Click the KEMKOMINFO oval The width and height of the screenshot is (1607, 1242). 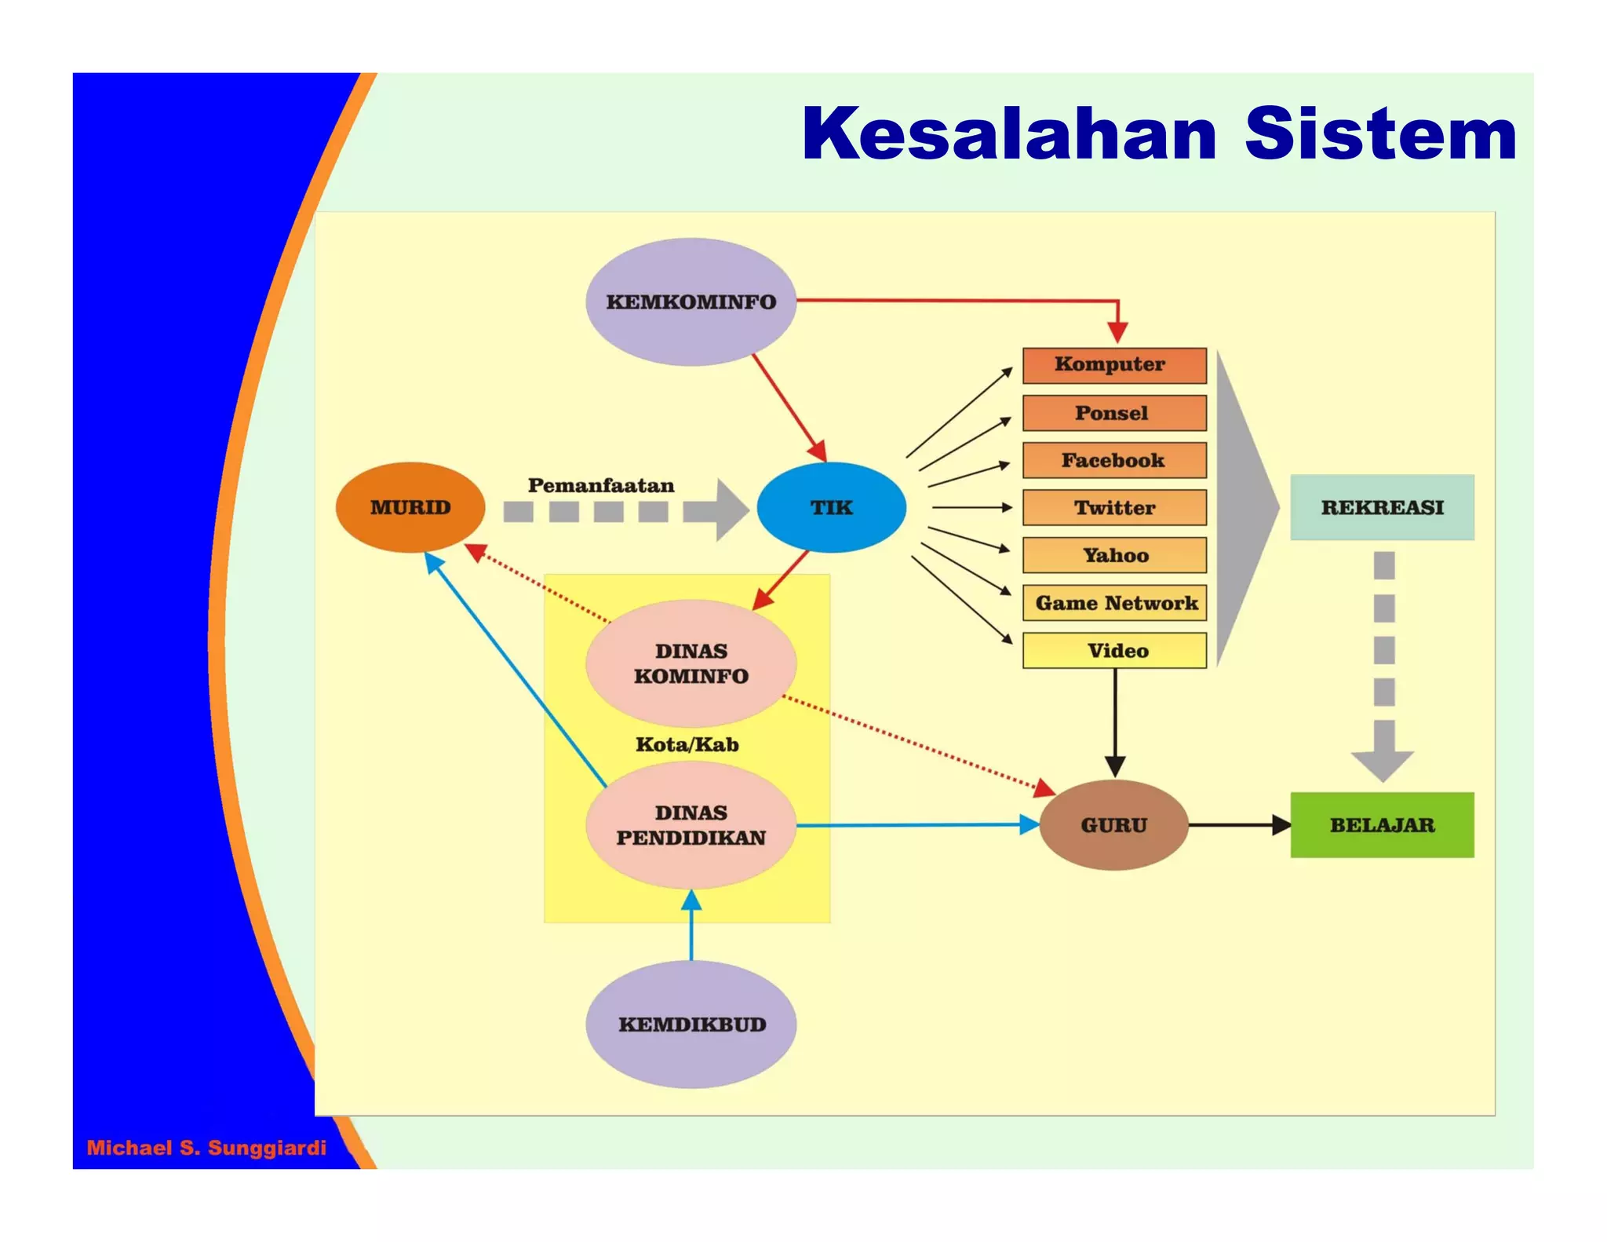click(x=691, y=302)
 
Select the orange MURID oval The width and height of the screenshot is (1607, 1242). click(x=410, y=507)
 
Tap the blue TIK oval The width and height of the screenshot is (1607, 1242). click(x=831, y=507)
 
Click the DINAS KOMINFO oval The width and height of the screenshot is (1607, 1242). click(x=691, y=663)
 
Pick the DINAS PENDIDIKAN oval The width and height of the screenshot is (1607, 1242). click(x=691, y=825)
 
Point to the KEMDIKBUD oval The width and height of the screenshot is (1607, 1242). click(x=691, y=1025)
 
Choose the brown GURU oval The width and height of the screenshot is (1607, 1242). click(x=1113, y=825)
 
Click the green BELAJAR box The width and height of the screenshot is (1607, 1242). click(x=1382, y=825)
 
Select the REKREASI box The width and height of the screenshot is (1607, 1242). click(x=1382, y=507)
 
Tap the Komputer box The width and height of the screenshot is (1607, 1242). click(x=1113, y=365)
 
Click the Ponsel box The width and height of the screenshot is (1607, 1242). click(x=1113, y=413)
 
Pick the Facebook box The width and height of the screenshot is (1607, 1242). click(x=1113, y=461)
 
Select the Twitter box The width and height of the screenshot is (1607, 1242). click(x=1113, y=508)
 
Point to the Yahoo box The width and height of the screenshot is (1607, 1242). click(x=1113, y=556)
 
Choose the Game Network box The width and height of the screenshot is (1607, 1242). click(x=1115, y=603)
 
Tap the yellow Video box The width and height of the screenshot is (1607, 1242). click(x=1115, y=651)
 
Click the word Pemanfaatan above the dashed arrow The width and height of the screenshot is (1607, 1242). click(x=601, y=486)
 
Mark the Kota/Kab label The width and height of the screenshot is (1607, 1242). click(x=687, y=744)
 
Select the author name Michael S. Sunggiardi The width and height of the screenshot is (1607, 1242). click(x=206, y=1148)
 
